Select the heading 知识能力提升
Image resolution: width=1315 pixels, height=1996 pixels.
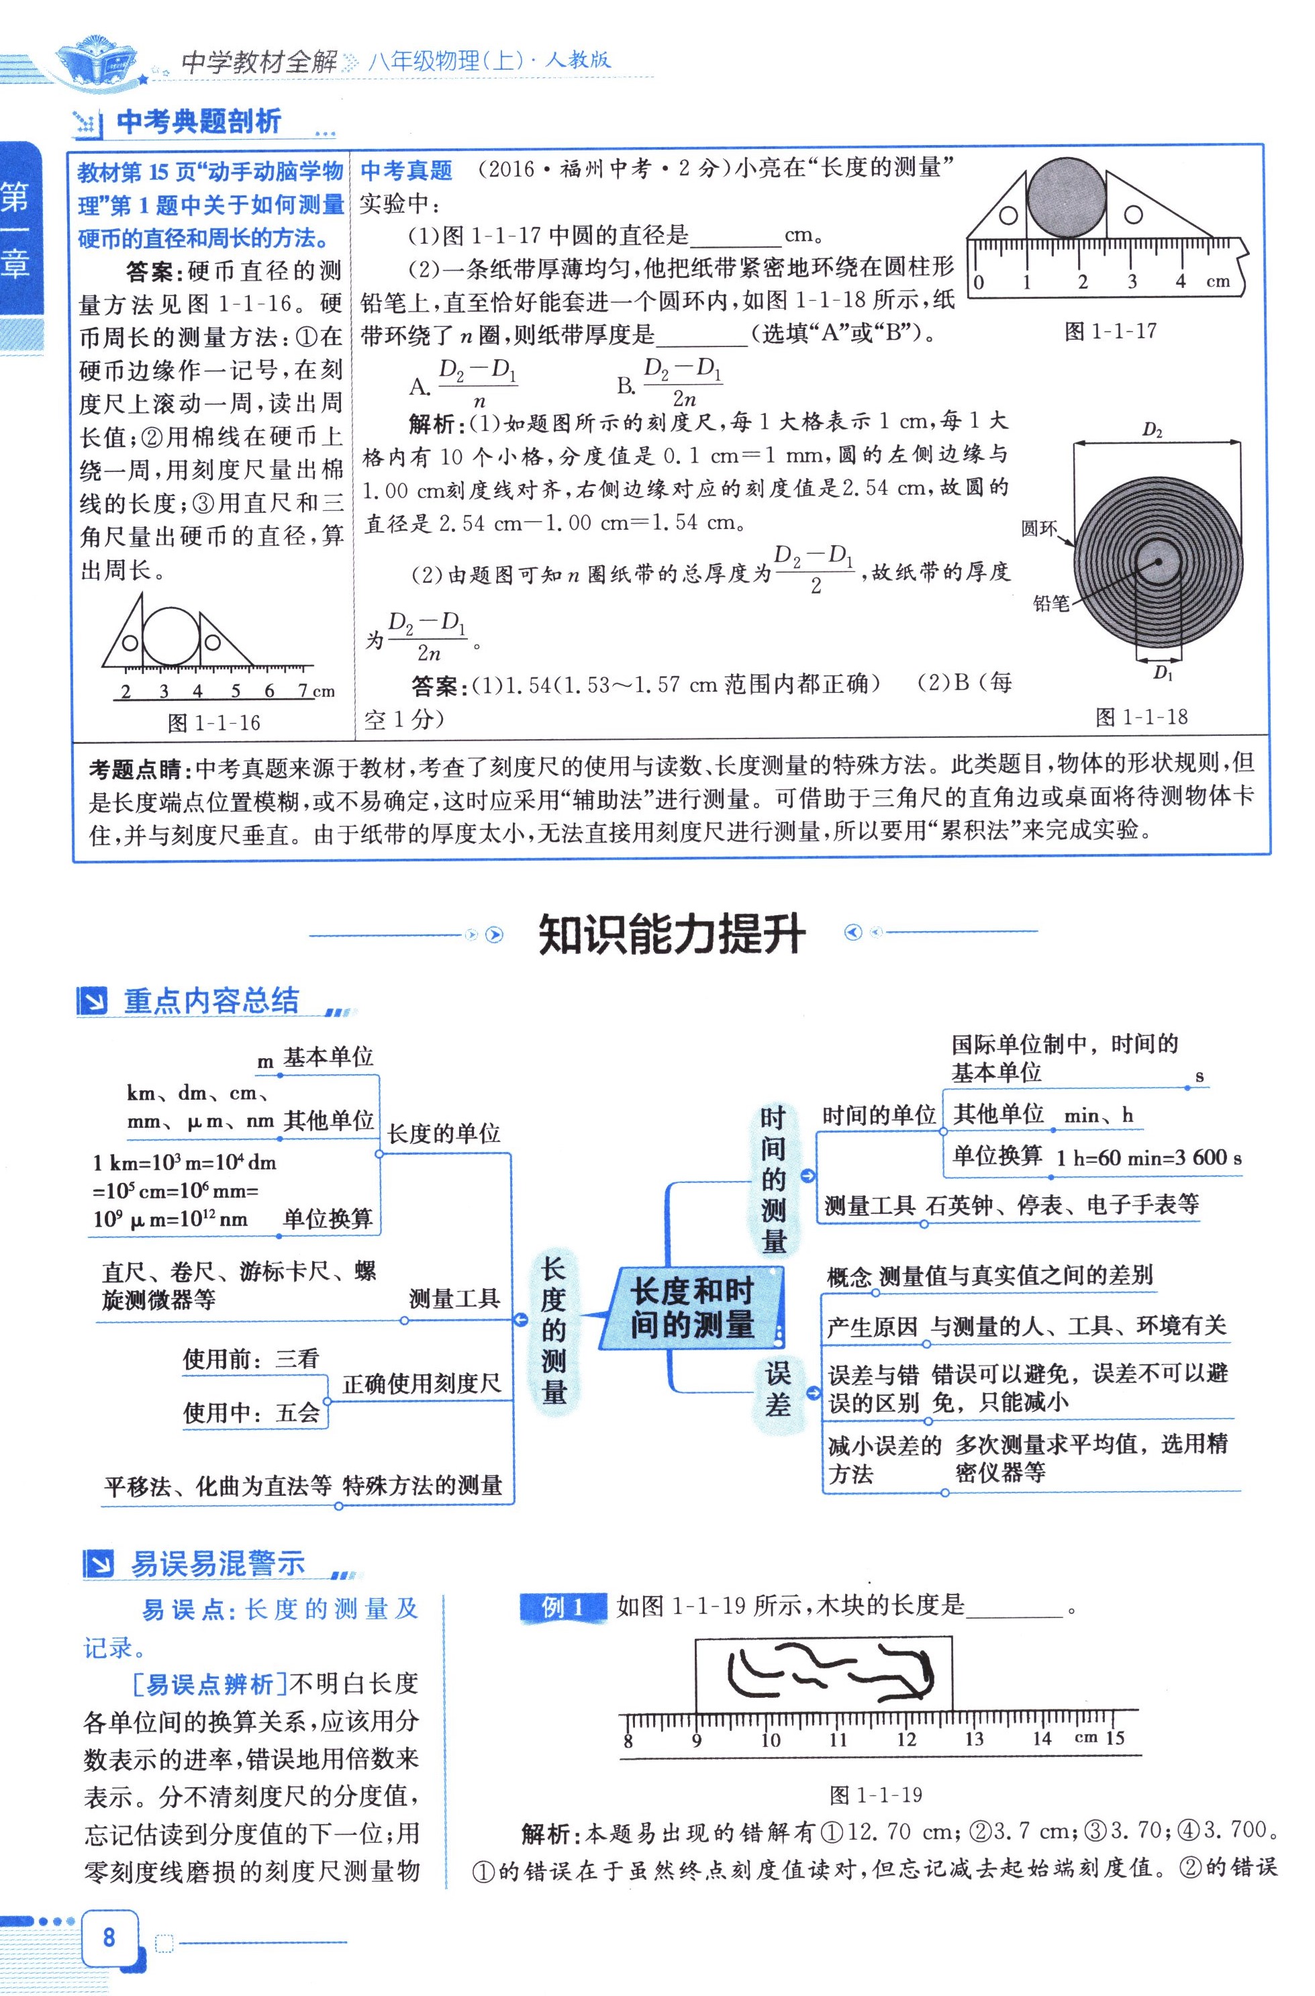672,933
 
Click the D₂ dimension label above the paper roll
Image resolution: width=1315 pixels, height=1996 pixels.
1153,431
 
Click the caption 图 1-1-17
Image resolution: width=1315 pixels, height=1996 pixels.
1110,331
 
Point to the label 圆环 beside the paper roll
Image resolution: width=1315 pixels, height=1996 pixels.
1039,528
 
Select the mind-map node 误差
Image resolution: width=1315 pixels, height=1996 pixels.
777,1389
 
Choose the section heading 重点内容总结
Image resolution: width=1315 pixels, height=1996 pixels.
211,1000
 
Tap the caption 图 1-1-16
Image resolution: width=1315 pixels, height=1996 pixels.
214,723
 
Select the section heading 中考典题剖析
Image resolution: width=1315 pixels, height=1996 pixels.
199,122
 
